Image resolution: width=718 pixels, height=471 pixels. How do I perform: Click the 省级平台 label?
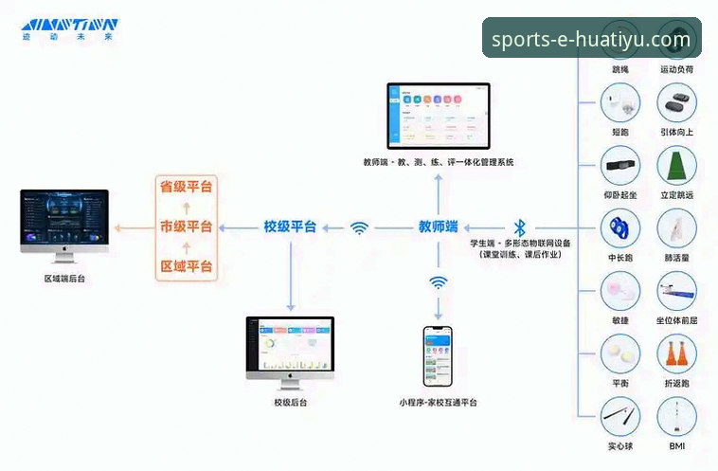pyautogui.click(x=186, y=186)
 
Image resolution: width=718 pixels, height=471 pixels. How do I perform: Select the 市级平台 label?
pyautogui.click(x=186, y=227)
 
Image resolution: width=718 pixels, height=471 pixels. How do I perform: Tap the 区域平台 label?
pyautogui.click(x=186, y=268)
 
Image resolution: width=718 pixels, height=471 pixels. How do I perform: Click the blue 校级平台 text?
pyautogui.click(x=290, y=227)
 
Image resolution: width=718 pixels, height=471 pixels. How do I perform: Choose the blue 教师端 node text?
pyautogui.click(x=439, y=227)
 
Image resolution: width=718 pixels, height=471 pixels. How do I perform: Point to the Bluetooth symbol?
pyautogui.click(x=519, y=227)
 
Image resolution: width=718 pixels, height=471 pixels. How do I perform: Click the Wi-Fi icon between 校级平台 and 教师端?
pyautogui.click(x=359, y=227)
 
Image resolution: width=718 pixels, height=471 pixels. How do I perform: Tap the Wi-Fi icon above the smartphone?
pyautogui.click(x=438, y=282)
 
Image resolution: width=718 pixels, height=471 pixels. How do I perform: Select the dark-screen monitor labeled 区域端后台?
pyautogui.click(x=64, y=225)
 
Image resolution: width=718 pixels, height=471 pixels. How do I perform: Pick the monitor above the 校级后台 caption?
pyautogui.click(x=290, y=348)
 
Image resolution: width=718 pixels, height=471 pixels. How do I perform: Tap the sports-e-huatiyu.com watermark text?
pyautogui.click(x=592, y=39)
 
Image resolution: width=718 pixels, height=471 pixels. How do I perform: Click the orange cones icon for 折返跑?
pyautogui.click(x=676, y=355)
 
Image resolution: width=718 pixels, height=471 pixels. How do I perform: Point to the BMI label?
pyautogui.click(x=676, y=445)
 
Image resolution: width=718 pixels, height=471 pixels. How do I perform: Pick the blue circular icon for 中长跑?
pyautogui.click(x=620, y=228)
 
